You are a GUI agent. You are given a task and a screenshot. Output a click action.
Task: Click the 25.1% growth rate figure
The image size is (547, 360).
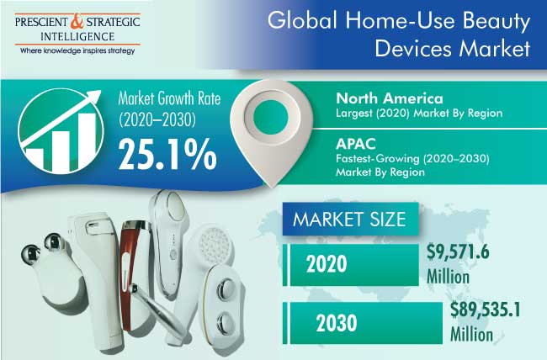pyautogui.click(x=167, y=154)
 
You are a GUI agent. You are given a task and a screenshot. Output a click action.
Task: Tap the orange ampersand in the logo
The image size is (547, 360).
pyautogui.click(x=77, y=22)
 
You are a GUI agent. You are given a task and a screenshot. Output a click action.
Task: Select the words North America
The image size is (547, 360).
pyautogui.click(x=390, y=98)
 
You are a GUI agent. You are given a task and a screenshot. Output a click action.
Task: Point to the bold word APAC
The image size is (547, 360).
pyautogui.click(x=356, y=144)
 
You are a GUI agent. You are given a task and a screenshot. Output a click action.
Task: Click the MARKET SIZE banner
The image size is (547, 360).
pyautogui.click(x=350, y=219)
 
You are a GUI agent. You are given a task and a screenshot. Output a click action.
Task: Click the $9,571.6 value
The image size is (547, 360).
pyautogui.click(x=458, y=251)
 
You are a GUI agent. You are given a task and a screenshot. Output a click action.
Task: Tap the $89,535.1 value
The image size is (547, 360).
pyautogui.click(x=485, y=310)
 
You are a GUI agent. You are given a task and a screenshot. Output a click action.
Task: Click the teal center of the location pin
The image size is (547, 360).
pyautogui.click(x=271, y=116)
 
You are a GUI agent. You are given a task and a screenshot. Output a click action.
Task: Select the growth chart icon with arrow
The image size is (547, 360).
pyautogui.click(x=61, y=131)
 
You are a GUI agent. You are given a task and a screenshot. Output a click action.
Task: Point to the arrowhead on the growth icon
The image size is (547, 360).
pyautogui.click(x=94, y=96)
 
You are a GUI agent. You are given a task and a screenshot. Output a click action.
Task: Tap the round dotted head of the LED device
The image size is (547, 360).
pyautogui.click(x=215, y=244)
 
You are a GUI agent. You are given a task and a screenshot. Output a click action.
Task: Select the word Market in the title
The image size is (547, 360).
pyautogui.click(x=495, y=48)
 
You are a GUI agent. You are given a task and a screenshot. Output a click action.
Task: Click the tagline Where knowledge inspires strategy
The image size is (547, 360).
pyautogui.click(x=77, y=51)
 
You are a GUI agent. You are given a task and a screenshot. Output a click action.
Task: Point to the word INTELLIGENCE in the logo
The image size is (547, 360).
pyautogui.click(x=77, y=37)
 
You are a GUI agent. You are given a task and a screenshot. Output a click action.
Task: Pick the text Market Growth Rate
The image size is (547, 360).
pyautogui.click(x=169, y=98)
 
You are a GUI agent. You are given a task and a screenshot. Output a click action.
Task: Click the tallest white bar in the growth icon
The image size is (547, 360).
pyautogui.click(x=87, y=141)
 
